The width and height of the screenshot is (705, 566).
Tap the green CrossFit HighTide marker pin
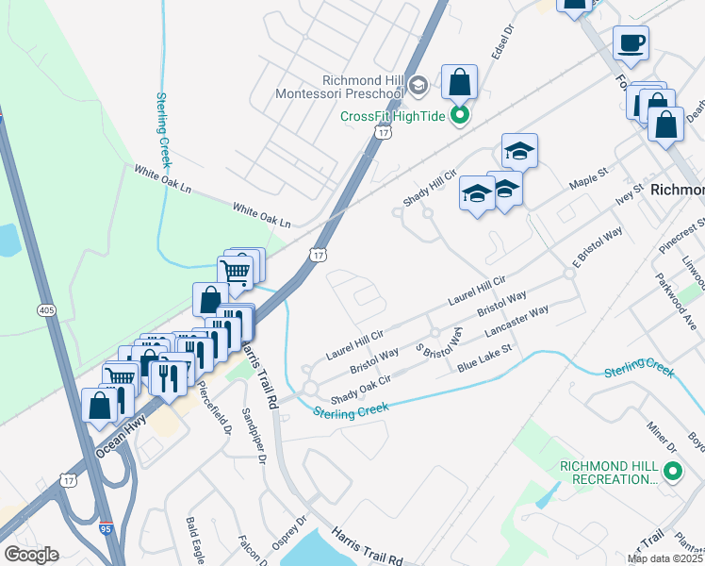[460, 116]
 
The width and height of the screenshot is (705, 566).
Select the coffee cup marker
[631, 42]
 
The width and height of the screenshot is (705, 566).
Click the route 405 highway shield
[46, 309]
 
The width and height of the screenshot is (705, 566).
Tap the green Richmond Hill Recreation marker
[672, 470]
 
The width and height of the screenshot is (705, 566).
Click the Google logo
[31, 555]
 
